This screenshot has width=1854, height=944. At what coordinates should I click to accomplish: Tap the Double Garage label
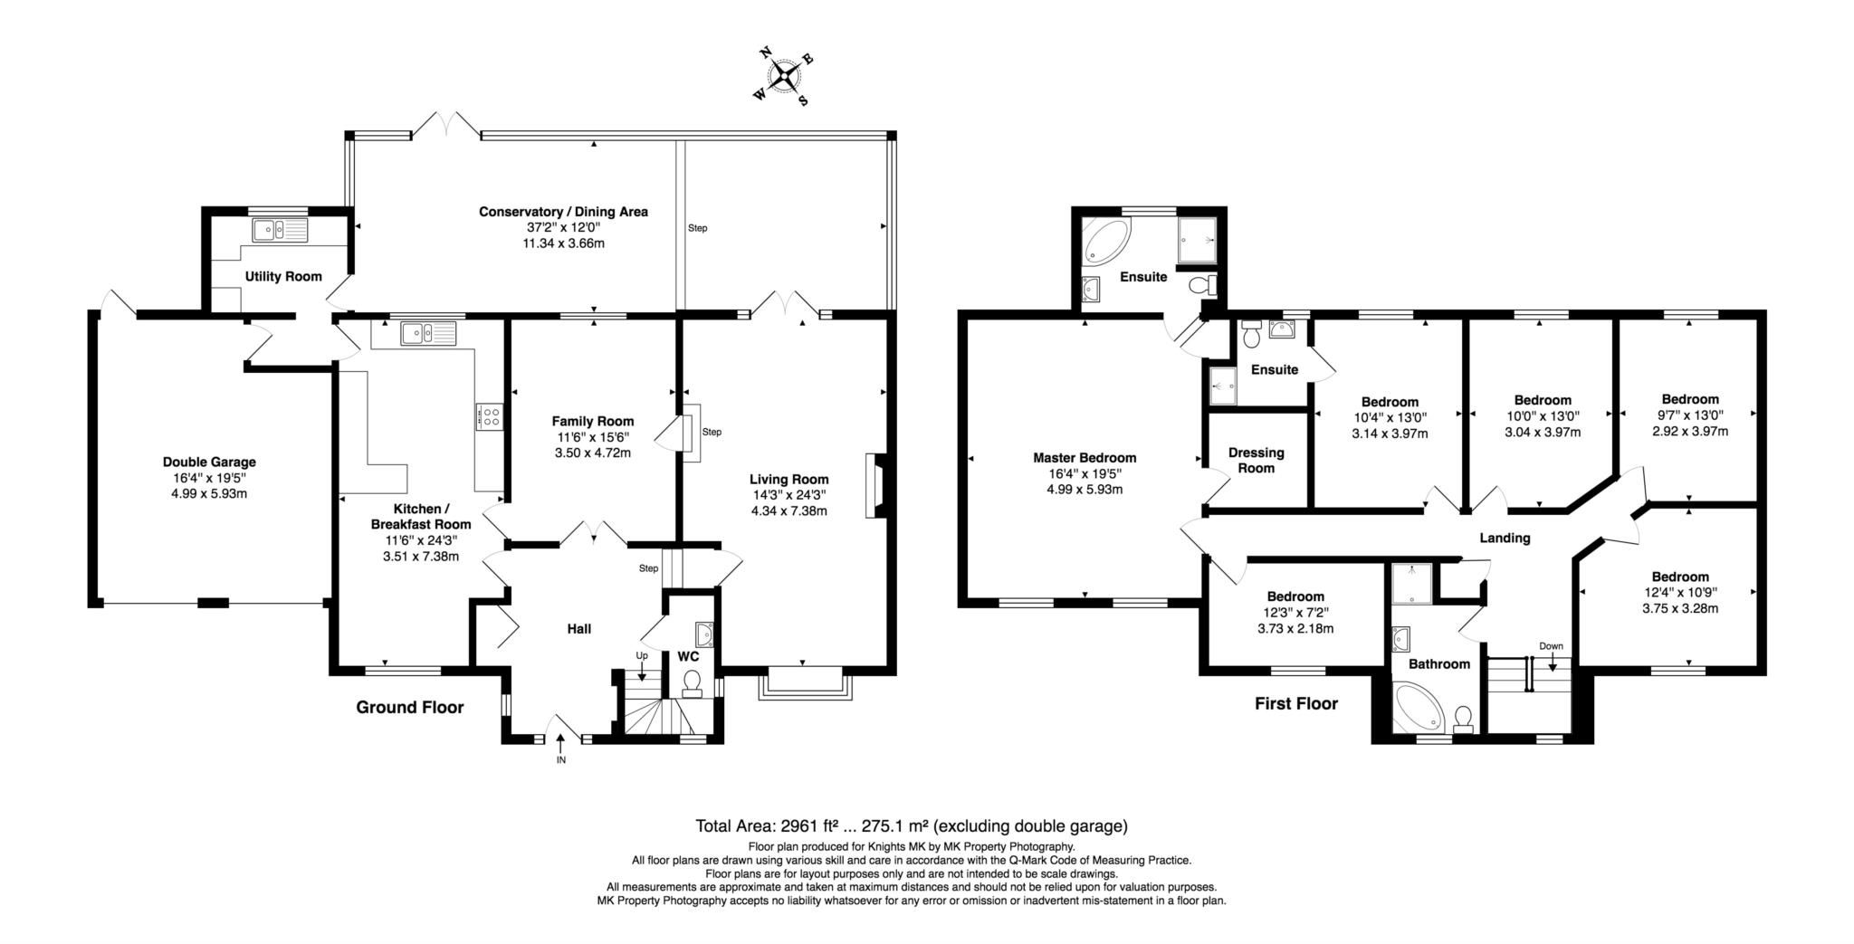point(209,462)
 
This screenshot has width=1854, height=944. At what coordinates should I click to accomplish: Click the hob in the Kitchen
point(490,417)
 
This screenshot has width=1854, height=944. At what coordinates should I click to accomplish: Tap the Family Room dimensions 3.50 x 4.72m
point(593,453)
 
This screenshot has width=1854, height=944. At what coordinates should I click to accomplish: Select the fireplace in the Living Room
point(874,486)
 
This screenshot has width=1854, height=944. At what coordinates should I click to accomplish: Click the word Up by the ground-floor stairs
point(642,655)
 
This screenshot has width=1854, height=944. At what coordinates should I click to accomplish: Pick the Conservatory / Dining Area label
point(563,212)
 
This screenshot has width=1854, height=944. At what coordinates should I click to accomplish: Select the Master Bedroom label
point(1085,458)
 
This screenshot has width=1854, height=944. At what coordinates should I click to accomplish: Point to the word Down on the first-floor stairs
point(1551,646)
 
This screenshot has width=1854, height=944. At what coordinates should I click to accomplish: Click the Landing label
point(1505,538)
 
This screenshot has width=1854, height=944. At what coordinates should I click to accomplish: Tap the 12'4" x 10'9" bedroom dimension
point(1680,593)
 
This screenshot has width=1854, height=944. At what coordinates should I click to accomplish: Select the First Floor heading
point(1295,703)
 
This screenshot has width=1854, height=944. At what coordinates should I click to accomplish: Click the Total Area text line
point(911,825)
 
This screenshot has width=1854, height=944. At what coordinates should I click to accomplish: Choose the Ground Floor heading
point(409,707)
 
